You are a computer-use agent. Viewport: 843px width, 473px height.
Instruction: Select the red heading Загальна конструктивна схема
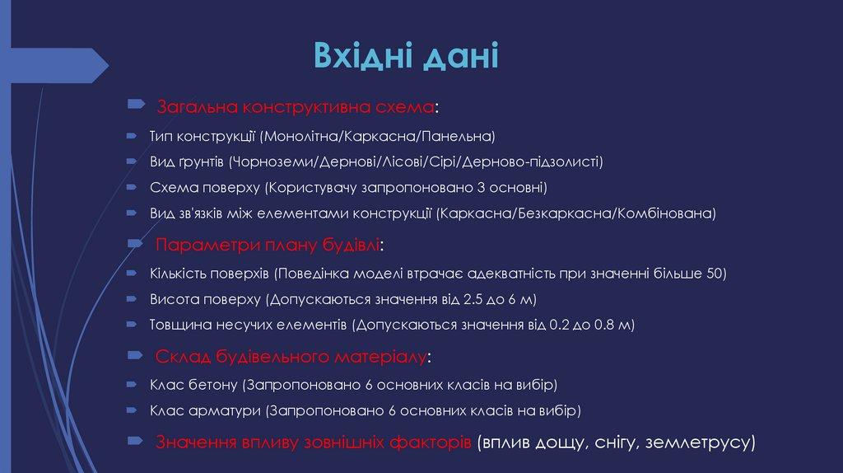(x=295, y=108)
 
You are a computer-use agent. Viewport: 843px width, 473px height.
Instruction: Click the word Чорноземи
(x=271, y=161)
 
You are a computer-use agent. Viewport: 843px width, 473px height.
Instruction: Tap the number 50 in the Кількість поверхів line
(x=715, y=273)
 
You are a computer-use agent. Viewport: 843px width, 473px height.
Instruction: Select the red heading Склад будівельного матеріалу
(x=291, y=358)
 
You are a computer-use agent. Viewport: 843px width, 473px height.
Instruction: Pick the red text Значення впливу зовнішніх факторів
(x=313, y=442)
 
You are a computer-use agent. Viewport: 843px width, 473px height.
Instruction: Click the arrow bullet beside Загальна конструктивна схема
(x=137, y=106)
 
